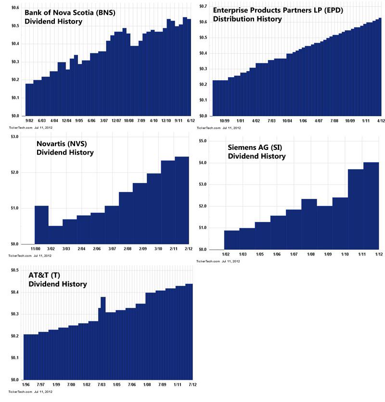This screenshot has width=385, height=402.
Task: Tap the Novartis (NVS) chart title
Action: (x=65, y=148)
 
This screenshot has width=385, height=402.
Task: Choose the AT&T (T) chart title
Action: (x=58, y=280)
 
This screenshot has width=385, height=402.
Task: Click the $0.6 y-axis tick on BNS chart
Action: (x=15, y=8)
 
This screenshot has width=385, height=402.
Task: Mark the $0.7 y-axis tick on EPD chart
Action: (x=203, y=6)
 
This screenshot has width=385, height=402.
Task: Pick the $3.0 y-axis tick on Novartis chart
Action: (x=14, y=137)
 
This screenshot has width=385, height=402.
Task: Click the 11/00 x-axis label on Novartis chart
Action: (x=35, y=249)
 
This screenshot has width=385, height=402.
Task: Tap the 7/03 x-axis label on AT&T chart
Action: (x=102, y=385)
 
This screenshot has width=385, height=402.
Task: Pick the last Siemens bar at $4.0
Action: (x=371, y=206)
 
